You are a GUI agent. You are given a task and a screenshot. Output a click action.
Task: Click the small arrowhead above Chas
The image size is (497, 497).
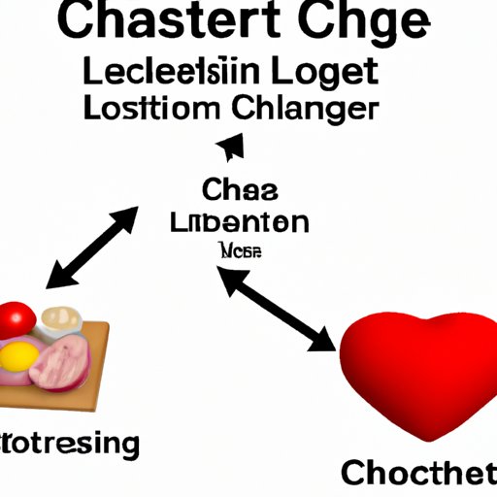point(229,148)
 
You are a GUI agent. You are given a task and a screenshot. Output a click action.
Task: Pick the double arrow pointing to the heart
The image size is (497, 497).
point(277,309)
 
